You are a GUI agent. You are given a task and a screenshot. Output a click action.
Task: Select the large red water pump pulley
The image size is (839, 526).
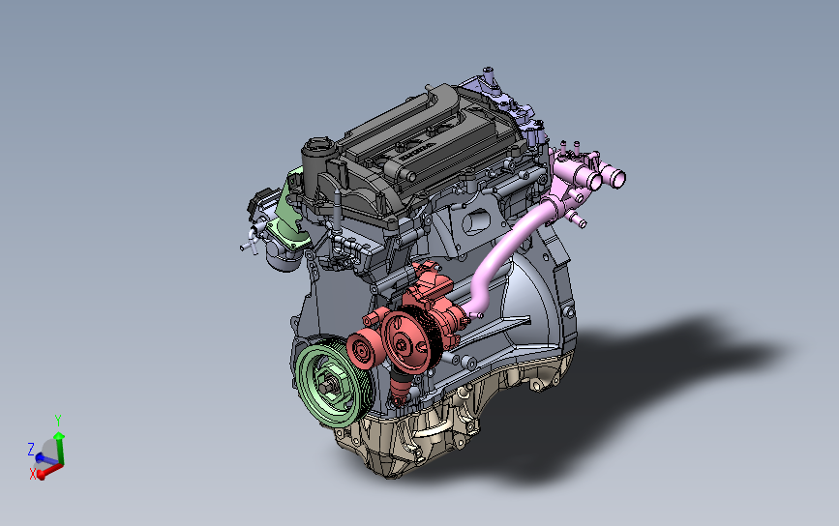[x=406, y=339]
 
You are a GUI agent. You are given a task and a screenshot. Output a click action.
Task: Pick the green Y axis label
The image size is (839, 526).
[x=58, y=421]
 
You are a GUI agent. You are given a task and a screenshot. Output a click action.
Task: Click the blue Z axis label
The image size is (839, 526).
[x=31, y=449]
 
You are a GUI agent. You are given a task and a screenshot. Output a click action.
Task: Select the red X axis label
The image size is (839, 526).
[x=33, y=474]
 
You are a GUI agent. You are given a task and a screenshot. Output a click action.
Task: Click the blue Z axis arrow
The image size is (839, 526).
[x=44, y=457]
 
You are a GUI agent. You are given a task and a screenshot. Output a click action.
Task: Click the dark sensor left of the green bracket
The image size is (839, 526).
[x=258, y=207]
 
